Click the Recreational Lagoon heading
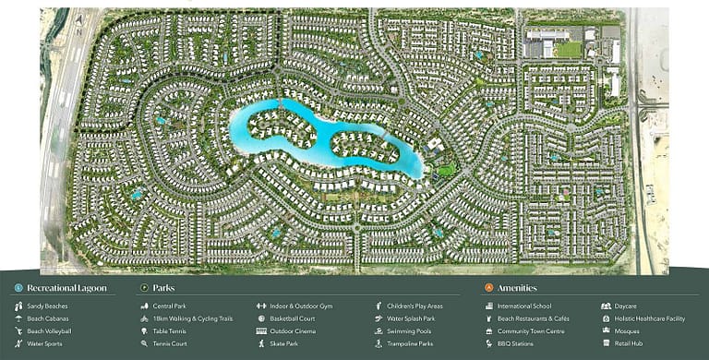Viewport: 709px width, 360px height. pos(66,288)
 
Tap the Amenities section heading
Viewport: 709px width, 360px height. pos(517,288)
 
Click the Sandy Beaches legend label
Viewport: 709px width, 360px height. pos(48,306)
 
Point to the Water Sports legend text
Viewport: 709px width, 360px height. pos(46,343)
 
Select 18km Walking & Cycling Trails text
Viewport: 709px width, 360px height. pos(192,318)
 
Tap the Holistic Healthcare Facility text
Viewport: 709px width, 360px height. pos(649,318)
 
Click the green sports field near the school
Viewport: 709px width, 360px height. pos(569,49)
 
